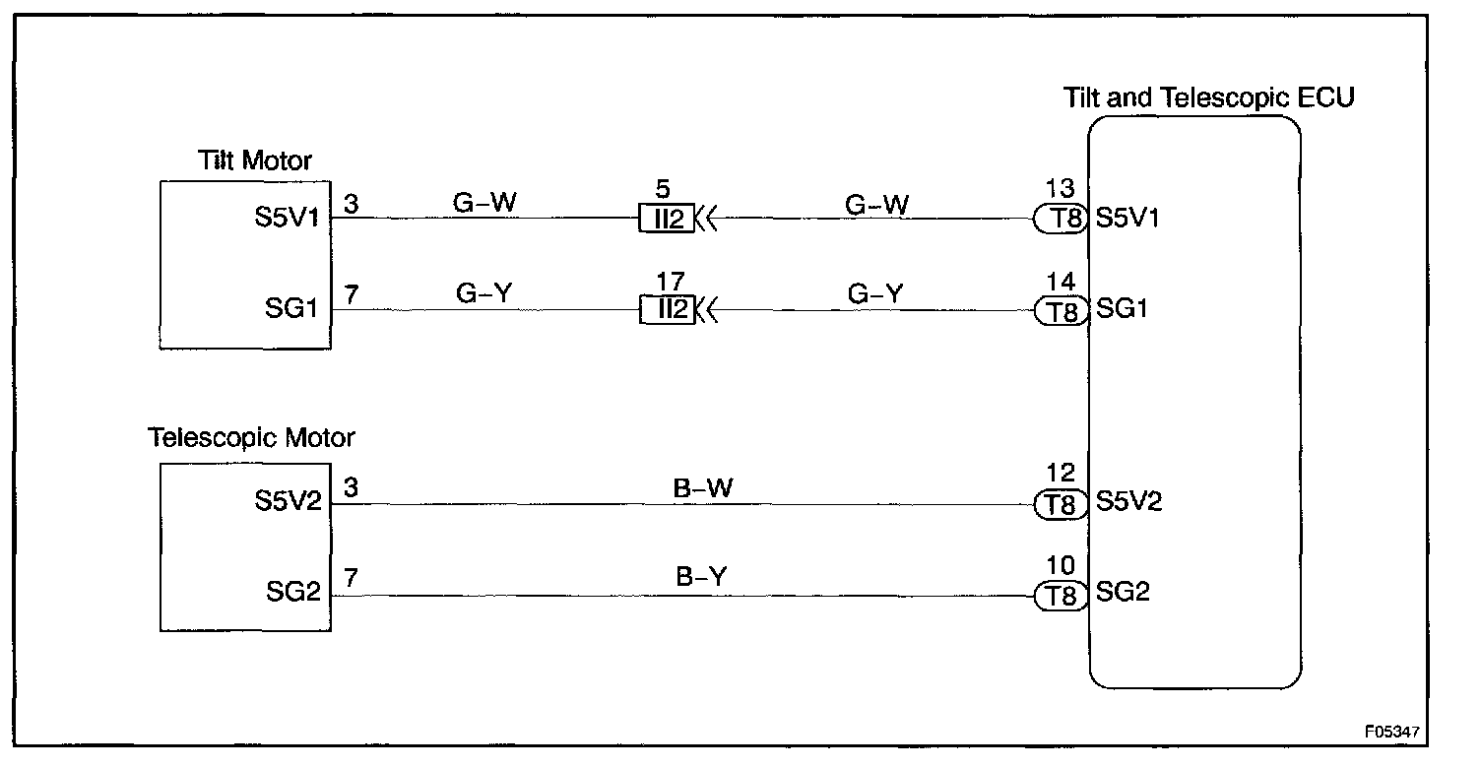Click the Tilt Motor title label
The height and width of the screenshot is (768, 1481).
255,160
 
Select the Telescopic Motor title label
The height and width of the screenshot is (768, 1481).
251,436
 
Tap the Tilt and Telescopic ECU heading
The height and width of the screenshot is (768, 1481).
1209,97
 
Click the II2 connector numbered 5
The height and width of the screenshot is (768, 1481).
668,219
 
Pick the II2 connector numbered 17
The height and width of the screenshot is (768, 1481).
668,310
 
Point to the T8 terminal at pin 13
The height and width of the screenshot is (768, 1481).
1059,219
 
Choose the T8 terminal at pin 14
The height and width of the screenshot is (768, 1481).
1059,310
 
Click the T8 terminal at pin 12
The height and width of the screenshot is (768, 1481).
1059,504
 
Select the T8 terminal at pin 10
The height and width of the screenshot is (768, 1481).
1059,595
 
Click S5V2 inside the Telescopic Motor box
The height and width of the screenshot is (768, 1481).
288,502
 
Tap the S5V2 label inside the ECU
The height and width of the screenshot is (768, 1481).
1129,502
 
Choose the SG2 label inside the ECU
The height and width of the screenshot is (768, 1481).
1123,593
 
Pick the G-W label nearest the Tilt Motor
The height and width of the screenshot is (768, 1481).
483,203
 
